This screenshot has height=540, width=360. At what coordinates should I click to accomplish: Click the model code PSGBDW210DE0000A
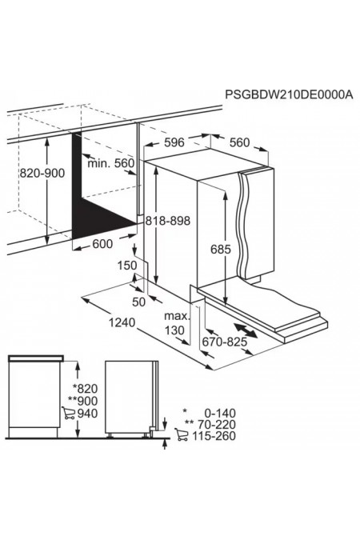tap(289, 94)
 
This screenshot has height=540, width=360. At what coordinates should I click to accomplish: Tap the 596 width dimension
tap(174, 142)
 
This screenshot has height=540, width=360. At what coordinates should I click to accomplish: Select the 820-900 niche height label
tap(42, 173)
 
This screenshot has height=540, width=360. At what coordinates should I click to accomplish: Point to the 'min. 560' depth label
tap(110, 163)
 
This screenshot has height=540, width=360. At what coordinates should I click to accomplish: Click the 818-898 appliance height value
tap(167, 221)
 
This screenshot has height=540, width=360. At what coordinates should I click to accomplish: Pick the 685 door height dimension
tap(221, 249)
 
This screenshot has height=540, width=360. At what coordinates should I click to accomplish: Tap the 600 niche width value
tap(102, 244)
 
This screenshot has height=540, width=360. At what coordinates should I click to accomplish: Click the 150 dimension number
tap(126, 266)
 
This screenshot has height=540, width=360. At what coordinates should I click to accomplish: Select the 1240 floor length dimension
tap(122, 322)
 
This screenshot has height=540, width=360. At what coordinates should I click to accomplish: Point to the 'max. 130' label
tap(176, 323)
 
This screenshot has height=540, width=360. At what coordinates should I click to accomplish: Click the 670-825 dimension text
tap(225, 342)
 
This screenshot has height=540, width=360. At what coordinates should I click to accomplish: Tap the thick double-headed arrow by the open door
tap(246, 330)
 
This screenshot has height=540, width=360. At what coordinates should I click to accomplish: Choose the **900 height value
tap(82, 401)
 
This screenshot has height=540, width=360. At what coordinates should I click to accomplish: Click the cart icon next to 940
tap(69, 413)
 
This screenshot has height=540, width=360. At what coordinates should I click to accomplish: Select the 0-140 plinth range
tap(220, 413)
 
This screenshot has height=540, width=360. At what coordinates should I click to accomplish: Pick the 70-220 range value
tap(216, 424)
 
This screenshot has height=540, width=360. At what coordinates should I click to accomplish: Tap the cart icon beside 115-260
tap(182, 434)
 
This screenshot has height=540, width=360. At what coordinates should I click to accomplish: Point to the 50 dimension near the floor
tap(139, 302)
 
